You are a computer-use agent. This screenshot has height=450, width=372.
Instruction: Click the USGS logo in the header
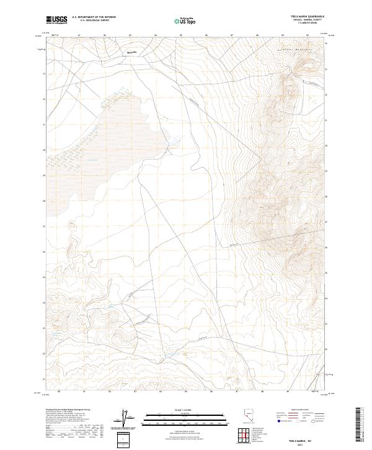57,20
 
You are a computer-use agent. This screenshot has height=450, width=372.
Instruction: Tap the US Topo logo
186,21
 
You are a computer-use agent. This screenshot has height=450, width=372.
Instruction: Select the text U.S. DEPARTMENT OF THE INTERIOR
94,17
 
